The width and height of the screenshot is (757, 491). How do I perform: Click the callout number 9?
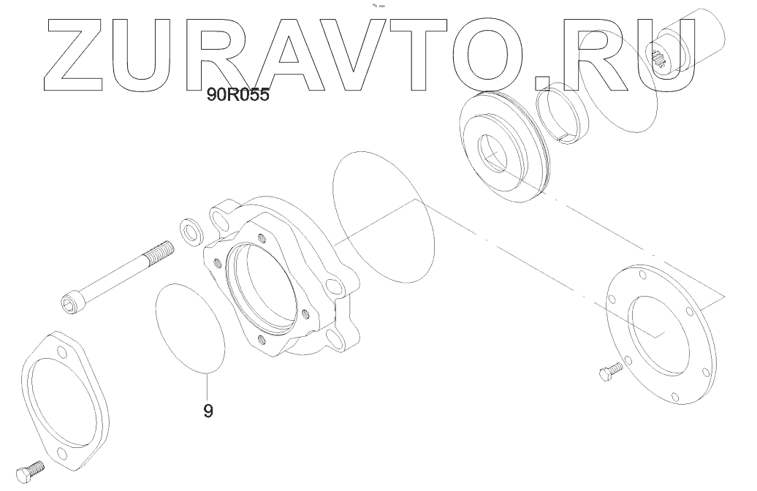pyautogui.click(x=208, y=411)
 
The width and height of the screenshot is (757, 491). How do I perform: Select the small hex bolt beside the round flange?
pyautogui.click(x=606, y=376)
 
